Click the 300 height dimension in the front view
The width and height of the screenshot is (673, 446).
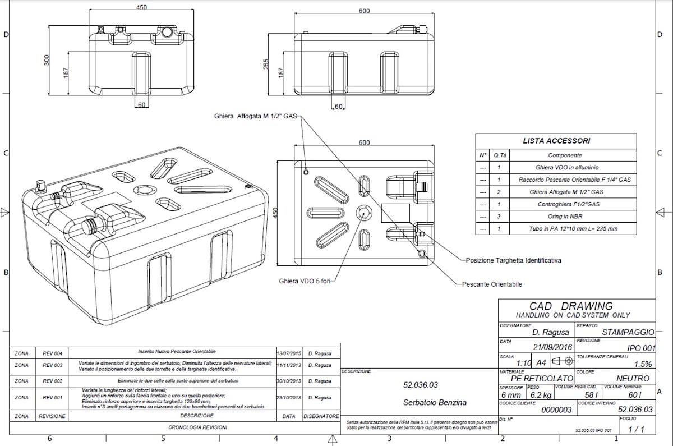pos(47,59)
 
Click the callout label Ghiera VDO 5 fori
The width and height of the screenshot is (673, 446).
pos(303,280)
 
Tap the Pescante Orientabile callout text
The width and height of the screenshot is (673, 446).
pos(492,284)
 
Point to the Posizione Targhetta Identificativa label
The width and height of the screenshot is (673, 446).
pos(514,260)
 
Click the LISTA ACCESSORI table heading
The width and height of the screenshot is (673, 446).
pos(556,141)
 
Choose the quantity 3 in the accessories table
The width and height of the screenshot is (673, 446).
pos(499,217)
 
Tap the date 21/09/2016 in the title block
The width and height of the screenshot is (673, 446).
pos(552,347)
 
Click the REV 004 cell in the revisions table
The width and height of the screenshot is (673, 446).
pos(52,353)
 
